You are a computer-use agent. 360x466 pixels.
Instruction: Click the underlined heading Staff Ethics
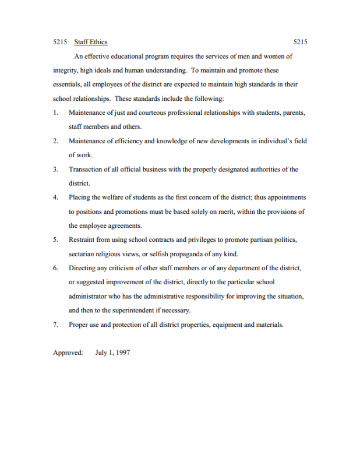(91, 42)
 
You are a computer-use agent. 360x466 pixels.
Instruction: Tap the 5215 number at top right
(300, 42)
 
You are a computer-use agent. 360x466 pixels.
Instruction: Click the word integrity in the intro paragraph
(65, 70)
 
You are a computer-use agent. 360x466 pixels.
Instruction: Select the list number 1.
(55, 112)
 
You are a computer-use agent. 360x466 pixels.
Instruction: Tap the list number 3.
(55, 170)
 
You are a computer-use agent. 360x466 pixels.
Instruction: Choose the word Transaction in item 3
(87, 170)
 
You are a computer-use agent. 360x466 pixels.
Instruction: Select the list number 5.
(55, 240)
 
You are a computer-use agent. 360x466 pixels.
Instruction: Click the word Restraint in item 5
(83, 240)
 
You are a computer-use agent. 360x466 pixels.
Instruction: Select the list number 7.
(55, 325)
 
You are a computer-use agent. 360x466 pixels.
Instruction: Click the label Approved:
(68, 353)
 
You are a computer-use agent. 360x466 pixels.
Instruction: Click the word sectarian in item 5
(82, 254)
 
